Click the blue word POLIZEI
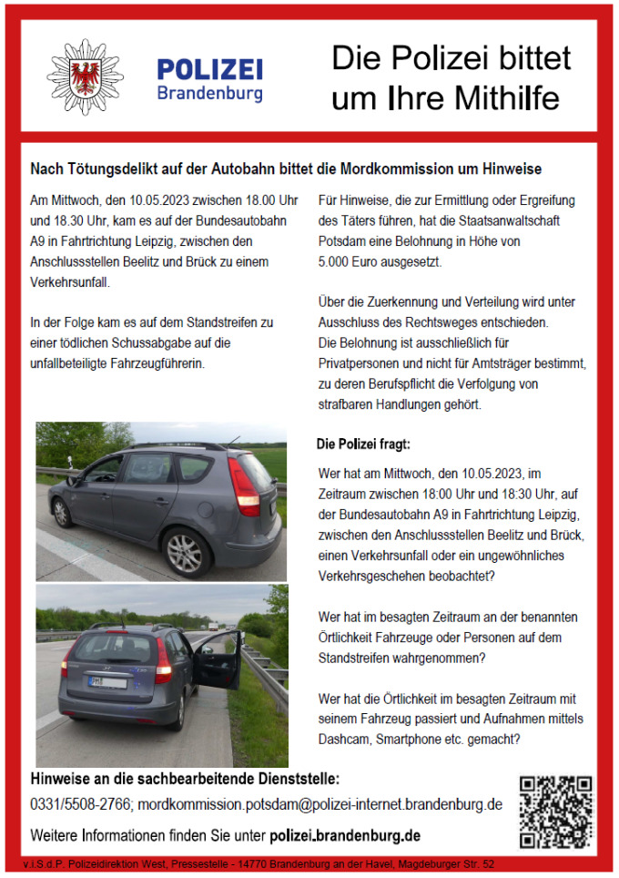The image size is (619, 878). click(209, 69)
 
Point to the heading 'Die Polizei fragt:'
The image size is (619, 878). click(363, 445)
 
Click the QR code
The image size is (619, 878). click(554, 812)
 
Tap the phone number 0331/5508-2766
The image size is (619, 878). click(82, 805)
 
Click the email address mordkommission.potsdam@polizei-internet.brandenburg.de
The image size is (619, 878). click(321, 805)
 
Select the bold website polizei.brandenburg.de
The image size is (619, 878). click(345, 834)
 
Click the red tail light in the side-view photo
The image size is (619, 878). click(244, 486)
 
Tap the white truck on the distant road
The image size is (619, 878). click(212, 627)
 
